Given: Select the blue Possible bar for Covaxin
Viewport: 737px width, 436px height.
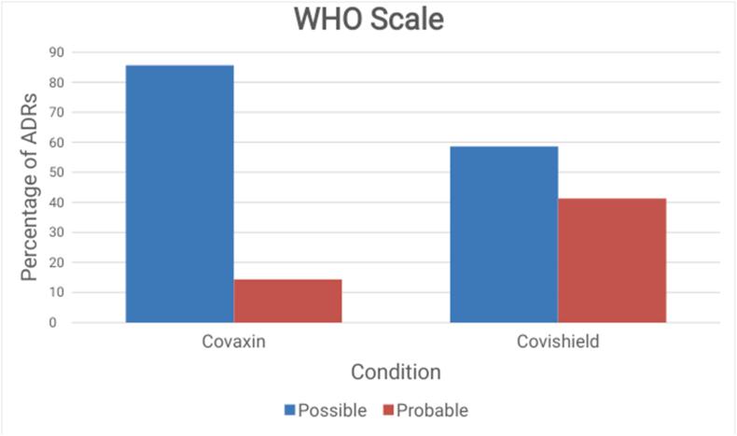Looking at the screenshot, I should pos(180,194).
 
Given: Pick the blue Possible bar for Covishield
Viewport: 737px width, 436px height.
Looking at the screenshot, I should pos(504,234).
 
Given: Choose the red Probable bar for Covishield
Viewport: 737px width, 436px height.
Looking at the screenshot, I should pos(612,260).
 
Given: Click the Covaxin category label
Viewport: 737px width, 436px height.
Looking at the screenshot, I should pos(233,342).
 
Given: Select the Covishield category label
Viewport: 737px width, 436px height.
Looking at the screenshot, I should pos(558,342).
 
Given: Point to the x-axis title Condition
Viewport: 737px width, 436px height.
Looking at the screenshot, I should pos(396,373).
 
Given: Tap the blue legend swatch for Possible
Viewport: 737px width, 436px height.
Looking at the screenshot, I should pos(290,410).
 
